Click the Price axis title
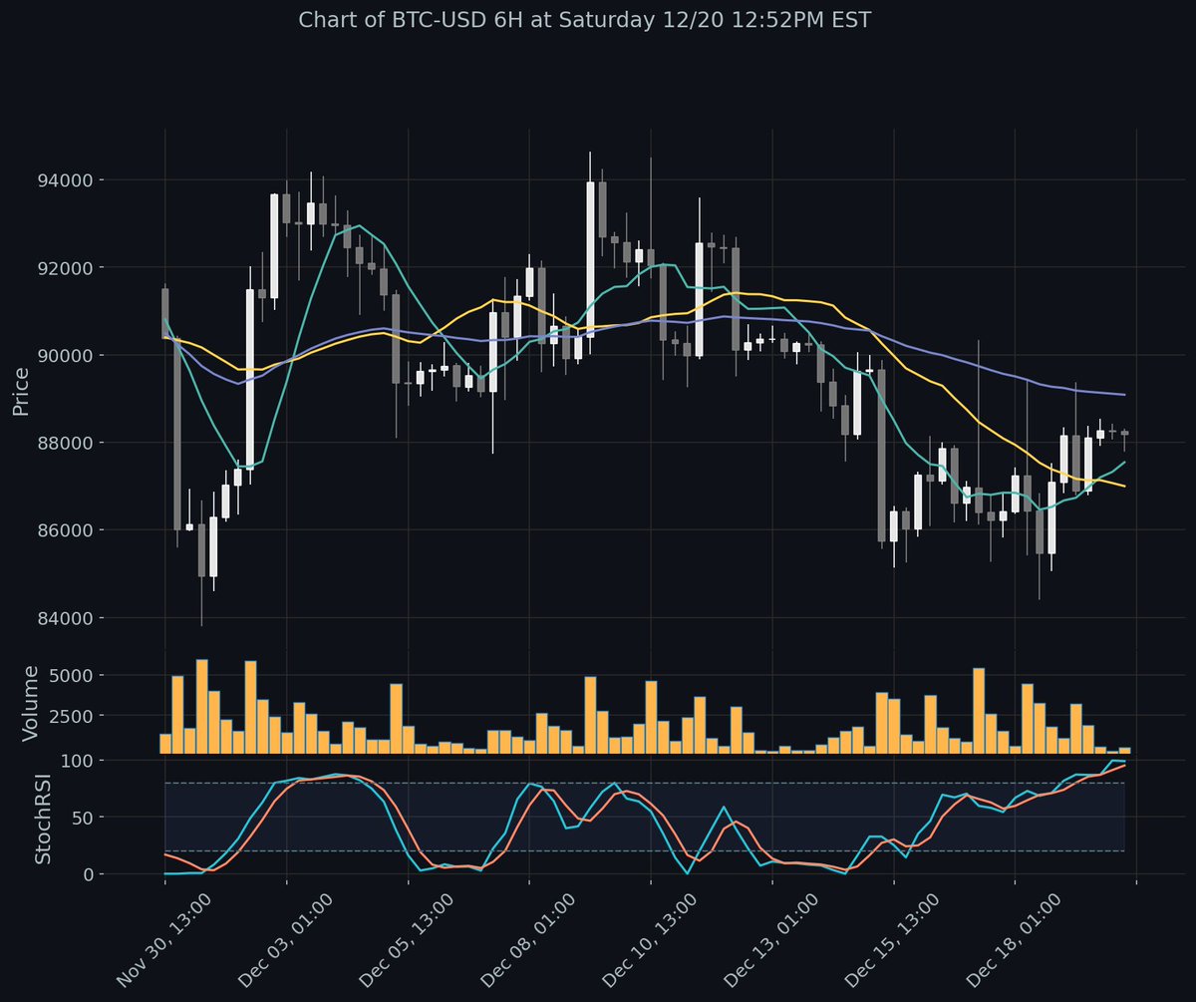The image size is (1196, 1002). pyautogui.click(x=21, y=390)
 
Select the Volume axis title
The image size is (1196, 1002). pyautogui.click(x=31, y=704)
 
